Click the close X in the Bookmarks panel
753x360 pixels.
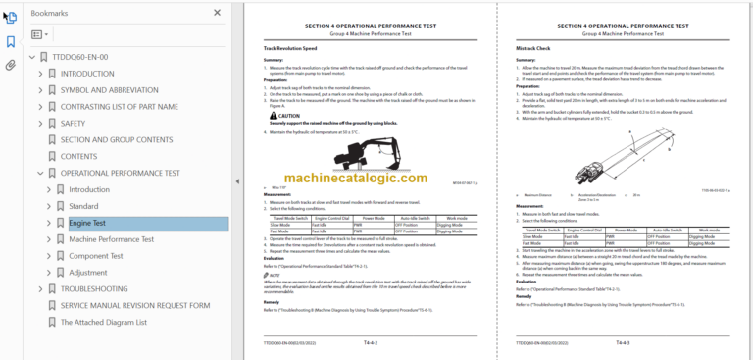click(x=217, y=14)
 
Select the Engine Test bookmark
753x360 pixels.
click(x=86, y=223)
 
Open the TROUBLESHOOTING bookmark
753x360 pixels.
click(x=94, y=289)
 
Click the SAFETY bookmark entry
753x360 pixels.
click(x=73, y=124)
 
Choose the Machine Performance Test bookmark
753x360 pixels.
click(x=111, y=239)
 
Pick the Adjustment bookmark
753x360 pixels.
click(x=87, y=273)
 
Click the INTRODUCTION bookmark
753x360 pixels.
click(x=87, y=74)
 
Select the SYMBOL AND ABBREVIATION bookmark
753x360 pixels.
click(x=109, y=90)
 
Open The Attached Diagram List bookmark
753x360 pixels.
click(x=104, y=322)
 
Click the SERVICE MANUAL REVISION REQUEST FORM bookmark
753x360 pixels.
click(x=135, y=306)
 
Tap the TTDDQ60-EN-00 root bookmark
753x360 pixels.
click(x=80, y=57)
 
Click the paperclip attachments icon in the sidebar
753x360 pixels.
click(x=11, y=66)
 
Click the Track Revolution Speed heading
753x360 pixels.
click(x=289, y=48)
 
